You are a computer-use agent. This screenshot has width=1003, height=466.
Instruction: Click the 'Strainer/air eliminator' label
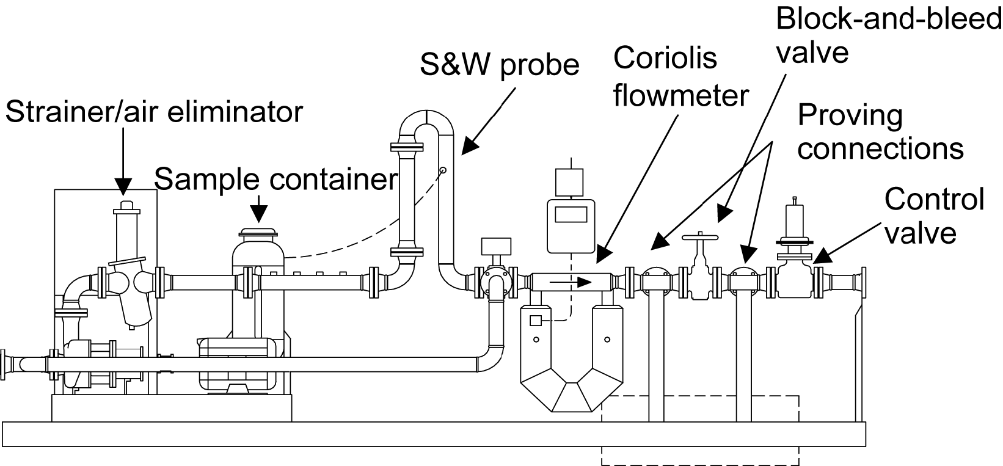[153, 112]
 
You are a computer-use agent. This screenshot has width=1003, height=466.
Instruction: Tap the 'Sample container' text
[275, 179]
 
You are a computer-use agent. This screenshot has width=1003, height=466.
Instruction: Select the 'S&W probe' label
[499, 64]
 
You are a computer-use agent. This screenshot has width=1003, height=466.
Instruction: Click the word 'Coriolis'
[665, 59]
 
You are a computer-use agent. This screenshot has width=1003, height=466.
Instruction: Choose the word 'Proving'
[850, 115]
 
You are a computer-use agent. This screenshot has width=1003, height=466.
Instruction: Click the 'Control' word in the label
[934, 199]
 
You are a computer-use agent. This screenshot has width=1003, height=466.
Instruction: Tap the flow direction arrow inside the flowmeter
[571, 282]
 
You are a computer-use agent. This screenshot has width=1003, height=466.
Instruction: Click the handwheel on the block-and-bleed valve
[700, 236]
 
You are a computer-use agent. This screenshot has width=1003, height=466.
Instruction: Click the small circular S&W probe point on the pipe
[443, 170]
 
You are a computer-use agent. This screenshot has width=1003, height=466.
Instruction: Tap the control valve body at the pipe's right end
[795, 281]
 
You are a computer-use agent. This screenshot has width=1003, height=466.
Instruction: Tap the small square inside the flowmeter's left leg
[535, 320]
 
